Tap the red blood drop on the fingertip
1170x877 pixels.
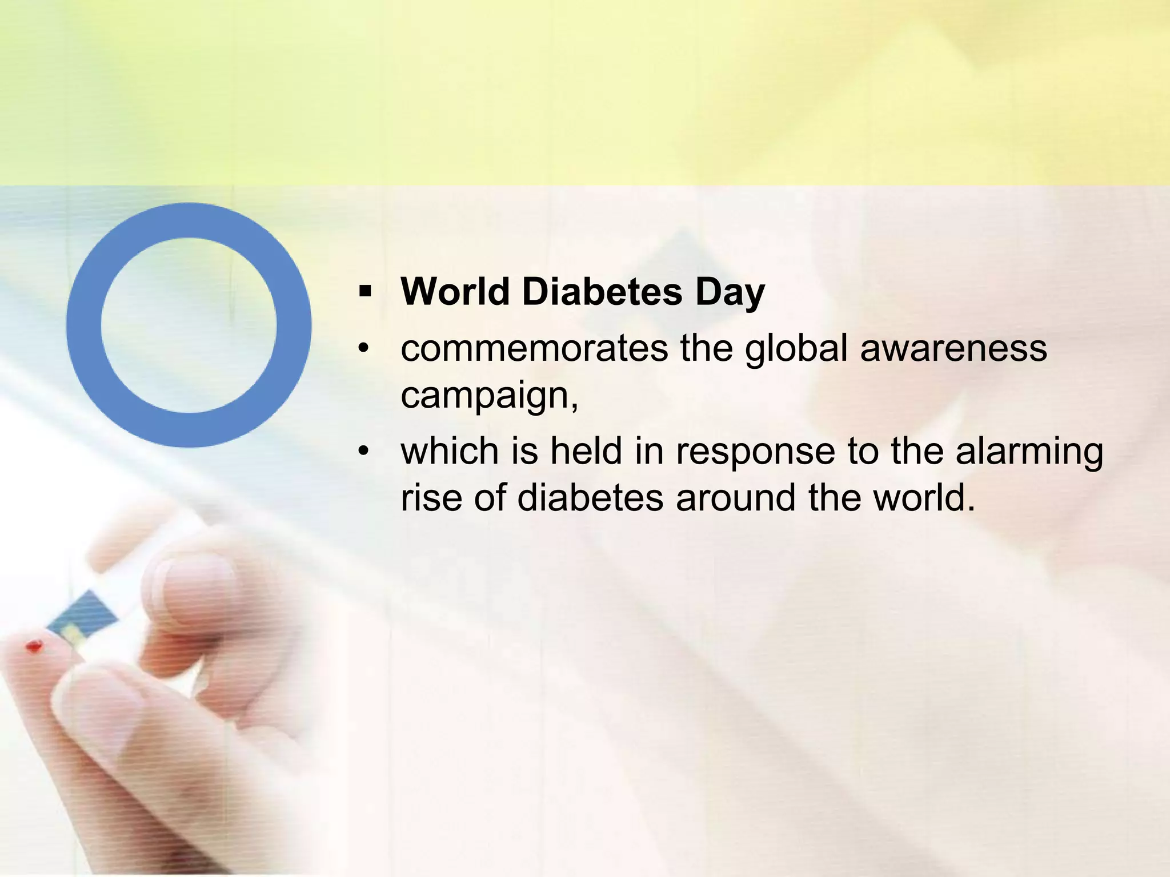[34, 647]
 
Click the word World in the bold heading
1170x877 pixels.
[455, 292]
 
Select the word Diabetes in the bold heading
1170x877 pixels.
[602, 292]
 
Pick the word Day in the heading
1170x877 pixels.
[730, 293]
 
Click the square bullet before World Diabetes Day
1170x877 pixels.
[365, 293]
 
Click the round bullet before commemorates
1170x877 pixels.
[364, 348]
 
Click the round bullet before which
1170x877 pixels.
[364, 451]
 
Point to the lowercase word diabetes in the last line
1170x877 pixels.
[590, 497]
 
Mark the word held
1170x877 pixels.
[586, 451]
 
